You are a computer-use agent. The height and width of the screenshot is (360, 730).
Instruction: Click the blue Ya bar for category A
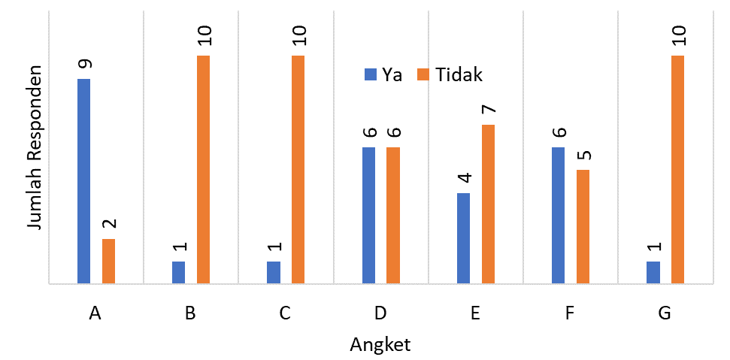click(x=83, y=181)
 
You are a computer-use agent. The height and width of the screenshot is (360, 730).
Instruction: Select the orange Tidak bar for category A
click(x=108, y=261)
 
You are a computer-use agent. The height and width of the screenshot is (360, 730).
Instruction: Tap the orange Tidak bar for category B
click(x=203, y=170)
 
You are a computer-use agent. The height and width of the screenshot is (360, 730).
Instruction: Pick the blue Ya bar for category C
click(x=274, y=272)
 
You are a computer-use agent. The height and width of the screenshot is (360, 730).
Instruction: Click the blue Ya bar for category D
click(x=368, y=215)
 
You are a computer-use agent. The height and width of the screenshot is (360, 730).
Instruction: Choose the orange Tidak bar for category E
click(x=488, y=204)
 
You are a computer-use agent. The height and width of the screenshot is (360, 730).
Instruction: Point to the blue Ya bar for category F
click(x=558, y=215)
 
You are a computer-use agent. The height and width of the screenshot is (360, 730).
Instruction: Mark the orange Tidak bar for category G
click(x=677, y=170)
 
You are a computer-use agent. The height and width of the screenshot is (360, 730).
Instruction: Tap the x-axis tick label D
click(x=380, y=314)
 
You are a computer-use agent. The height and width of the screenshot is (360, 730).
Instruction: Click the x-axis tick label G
click(x=664, y=314)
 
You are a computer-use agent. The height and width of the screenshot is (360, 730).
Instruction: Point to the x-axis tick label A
click(x=95, y=314)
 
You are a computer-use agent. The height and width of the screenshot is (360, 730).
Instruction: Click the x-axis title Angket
click(x=380, y=345)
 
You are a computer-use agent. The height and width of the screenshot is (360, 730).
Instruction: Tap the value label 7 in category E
click(x=489, y=110)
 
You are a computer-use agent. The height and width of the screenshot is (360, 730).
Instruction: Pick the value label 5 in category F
click(x=583, y=156)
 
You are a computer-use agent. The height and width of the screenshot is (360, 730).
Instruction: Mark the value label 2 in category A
click(x=108, y=224)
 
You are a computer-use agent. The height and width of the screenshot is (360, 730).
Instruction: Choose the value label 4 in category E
click(x=464, y=178)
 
